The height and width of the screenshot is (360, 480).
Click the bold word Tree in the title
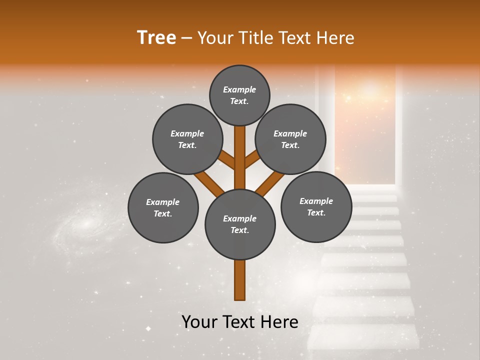[x=156, y=38]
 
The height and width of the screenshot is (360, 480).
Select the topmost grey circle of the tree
[x=239, y=95]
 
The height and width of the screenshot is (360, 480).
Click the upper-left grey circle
[x=187, y=139]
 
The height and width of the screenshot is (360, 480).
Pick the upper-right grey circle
[x=290, y=139]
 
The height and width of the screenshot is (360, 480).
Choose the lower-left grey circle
[x=163, y=207]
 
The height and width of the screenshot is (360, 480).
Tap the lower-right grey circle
[x=316, y=206]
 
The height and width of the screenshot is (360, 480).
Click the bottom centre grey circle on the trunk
[x=240, y=224]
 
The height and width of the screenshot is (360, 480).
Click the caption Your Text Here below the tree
[x=240, y=322]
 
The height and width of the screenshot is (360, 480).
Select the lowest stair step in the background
[x=363, y=337]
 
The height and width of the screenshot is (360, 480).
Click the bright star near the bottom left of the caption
[x=148, y=328]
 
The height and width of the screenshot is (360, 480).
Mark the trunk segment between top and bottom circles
[x=240, y=157]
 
